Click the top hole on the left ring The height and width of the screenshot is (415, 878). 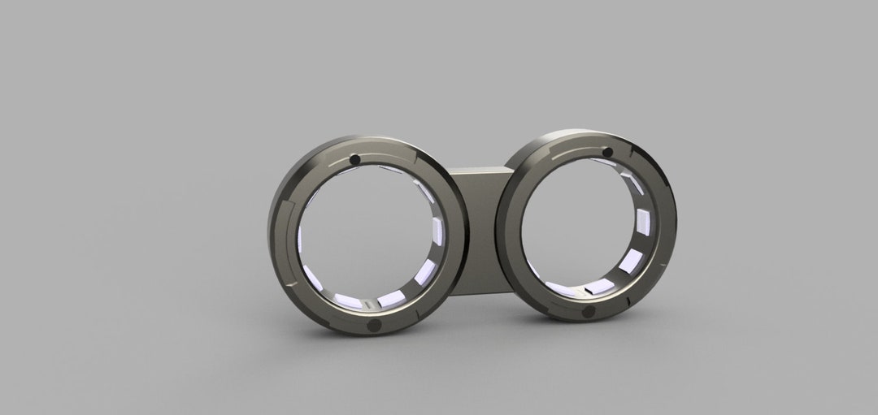coord(354,158)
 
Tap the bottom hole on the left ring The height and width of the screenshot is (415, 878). coord(375,325)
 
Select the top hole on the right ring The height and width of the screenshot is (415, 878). coord(606,153)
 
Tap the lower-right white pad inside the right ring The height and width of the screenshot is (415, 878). coord(629,262)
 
